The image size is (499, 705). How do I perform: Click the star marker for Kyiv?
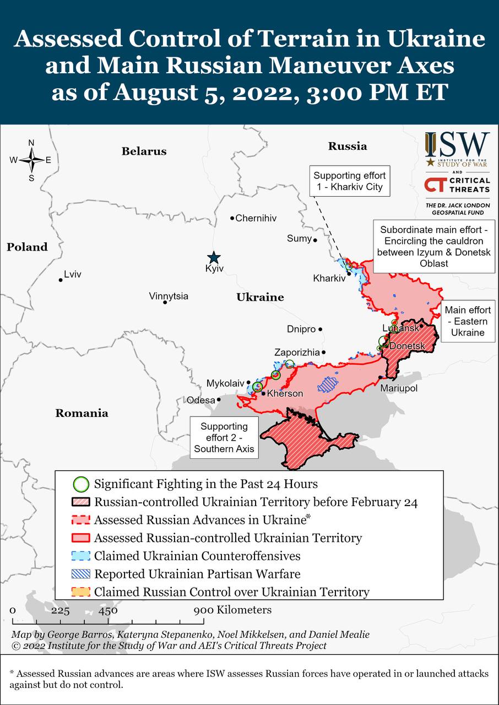213,258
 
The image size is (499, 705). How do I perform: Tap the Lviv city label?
73,274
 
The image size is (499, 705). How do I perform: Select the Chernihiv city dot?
232,218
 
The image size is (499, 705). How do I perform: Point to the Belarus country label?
144,151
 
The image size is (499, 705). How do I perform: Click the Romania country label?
82,413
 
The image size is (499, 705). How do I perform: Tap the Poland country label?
27,247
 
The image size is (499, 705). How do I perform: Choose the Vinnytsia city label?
169,296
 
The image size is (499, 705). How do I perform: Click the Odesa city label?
200,400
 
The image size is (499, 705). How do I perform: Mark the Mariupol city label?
399,388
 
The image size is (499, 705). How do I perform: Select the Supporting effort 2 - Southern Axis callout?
224,438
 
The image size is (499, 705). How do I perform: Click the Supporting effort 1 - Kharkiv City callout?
350,181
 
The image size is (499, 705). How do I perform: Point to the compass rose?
31,160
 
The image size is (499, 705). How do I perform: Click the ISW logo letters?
457,144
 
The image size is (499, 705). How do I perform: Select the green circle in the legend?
81,484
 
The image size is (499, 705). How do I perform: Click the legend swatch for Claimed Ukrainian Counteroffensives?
81,556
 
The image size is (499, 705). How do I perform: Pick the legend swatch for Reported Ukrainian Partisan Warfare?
81,574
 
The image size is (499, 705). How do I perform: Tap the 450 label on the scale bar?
108,610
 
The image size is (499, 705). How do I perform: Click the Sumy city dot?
315,240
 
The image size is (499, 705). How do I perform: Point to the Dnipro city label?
301,329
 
